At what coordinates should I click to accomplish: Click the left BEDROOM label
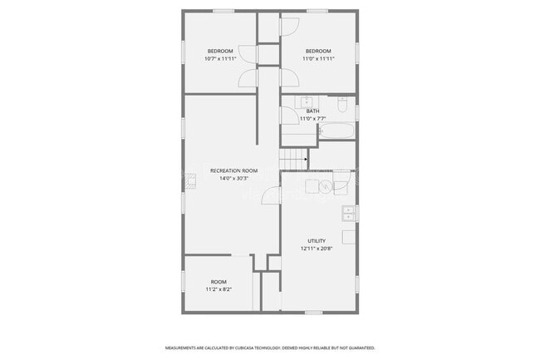point(220,52)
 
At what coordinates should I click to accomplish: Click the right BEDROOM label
point(318,52)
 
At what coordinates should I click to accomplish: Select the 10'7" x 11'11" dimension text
point(220,59)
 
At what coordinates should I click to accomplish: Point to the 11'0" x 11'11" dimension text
point(318,59)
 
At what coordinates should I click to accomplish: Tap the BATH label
point(312,111)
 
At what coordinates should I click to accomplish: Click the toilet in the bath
point(342,104)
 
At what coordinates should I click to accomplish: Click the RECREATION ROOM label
point(234,170)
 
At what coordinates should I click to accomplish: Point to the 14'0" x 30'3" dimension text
point(234,178)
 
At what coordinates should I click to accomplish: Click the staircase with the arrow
point(292,158)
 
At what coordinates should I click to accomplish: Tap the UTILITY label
point(317,241)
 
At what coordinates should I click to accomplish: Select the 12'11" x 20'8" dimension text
point(317,249)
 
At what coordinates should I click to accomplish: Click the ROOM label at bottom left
point(218,282)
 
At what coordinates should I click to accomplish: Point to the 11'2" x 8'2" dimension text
point(218,289)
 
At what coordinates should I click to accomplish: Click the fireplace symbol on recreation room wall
point(190,178)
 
